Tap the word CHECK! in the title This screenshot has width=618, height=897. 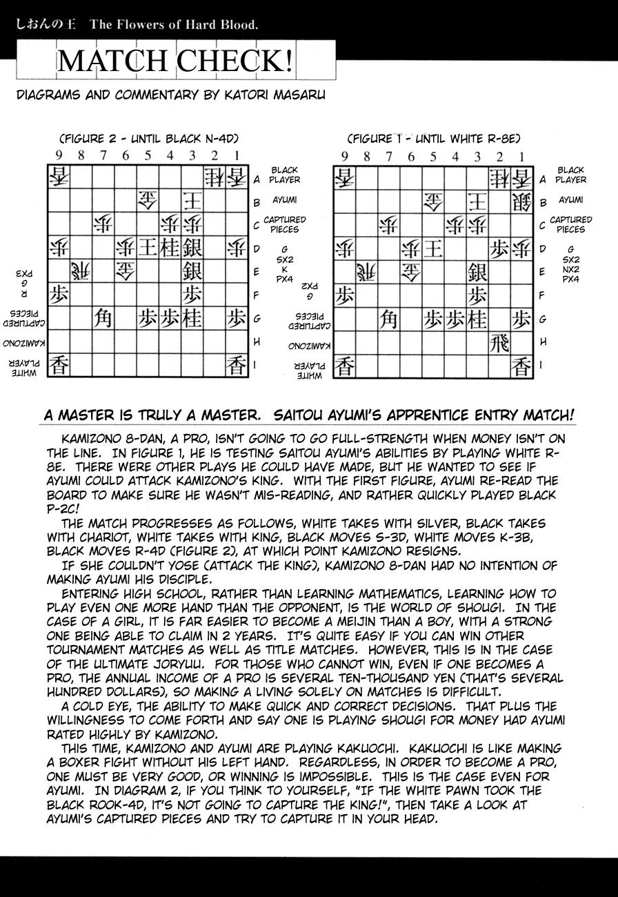pyautogui.click(x=235, y=61)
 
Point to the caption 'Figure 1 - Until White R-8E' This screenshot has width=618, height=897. pyautogui.click(x=433, y=138)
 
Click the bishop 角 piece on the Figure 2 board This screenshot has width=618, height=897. pyautogui.click(x=103, y=318)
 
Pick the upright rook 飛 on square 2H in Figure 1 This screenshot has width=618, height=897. pyautogui.click(x=500, y=342)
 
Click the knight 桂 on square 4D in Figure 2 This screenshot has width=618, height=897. pyautogui.click(x=170, y=247)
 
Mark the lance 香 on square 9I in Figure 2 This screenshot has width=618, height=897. pyautogui.click(x=59, y=365)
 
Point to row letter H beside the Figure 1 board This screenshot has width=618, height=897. pyautogui.click(x=543, y=342)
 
